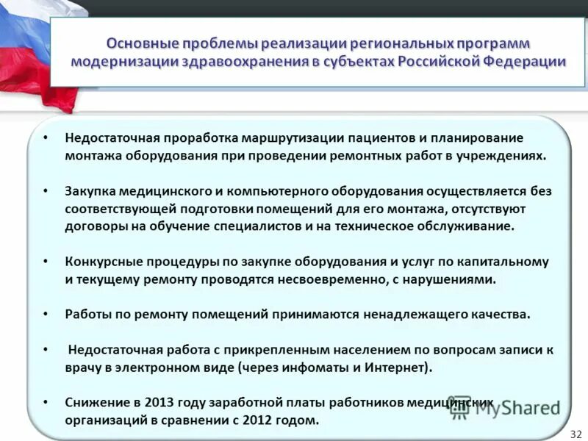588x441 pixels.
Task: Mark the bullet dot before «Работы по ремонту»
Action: tap(46, 315)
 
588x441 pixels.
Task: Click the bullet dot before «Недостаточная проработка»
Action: tap(46, 138)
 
